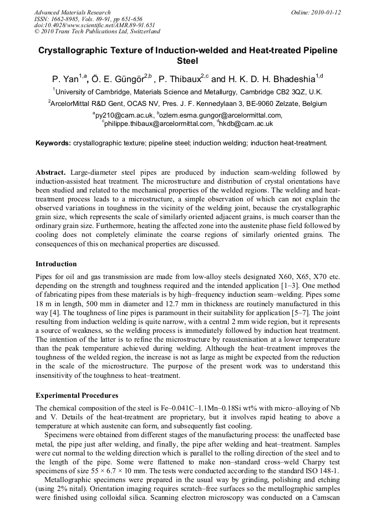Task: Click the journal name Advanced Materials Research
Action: [x=72, y=12]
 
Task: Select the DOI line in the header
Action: [x=94, y=25]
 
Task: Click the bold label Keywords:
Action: [x=53, y=143]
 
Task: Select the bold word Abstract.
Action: [x=51, y=173]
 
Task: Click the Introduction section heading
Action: [x=56, y=264]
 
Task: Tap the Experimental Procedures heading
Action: [x=77, y=396]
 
